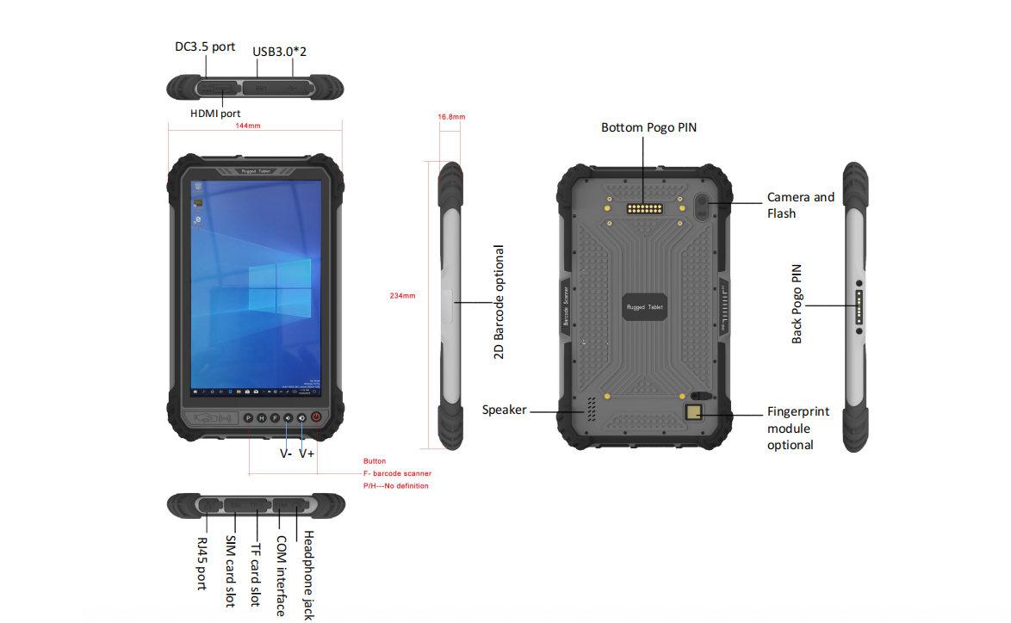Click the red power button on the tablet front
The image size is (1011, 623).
[317, 417]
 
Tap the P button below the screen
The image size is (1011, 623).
[248, 418]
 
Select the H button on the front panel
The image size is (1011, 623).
[261, 418]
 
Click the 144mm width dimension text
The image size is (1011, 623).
[248, 126]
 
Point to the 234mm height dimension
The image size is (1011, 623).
[402, 295]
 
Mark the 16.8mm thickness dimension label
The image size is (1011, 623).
[451, 116]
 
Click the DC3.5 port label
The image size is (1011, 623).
[205, 46]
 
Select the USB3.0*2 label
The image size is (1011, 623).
[280, 51]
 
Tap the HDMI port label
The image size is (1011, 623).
[215, 113]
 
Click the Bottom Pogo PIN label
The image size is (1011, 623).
[648, 127]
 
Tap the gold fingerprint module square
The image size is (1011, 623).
[693, 413]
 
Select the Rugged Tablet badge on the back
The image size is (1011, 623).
[644, 306]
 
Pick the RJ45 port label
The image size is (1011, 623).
[202, 563]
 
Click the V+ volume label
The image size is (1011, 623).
[307, 453]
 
